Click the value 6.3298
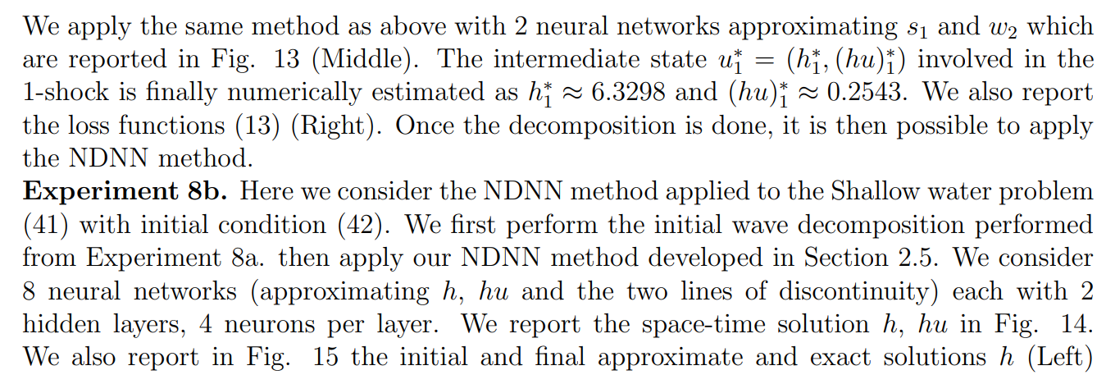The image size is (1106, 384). [x=628, y=92]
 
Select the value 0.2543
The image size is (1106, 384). [x=867, y=92]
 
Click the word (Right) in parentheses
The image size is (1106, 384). [x=336, y=126]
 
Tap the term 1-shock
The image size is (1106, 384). [x=65, y=92]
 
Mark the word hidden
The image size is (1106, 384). [x=61, y=324]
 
